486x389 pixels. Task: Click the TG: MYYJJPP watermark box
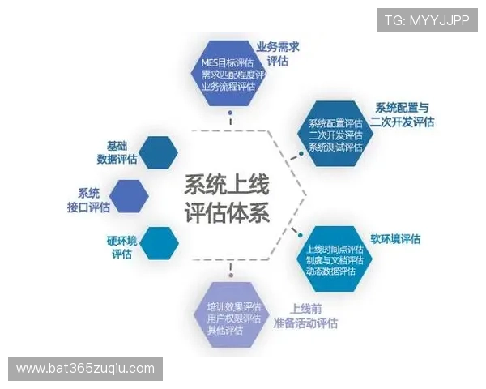tap(426, 20)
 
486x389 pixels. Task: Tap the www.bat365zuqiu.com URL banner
tap(86, 369)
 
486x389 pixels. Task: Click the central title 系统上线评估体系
tap(228, 197)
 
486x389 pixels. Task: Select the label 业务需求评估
tap(277, 54)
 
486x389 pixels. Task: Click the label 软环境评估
tap(395, 239)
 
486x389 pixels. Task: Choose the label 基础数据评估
tap(117, 152)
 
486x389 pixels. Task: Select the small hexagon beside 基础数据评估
tap(159, 152)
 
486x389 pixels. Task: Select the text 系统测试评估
tap(335, 147)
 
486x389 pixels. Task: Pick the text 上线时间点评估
tap(335, 247)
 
